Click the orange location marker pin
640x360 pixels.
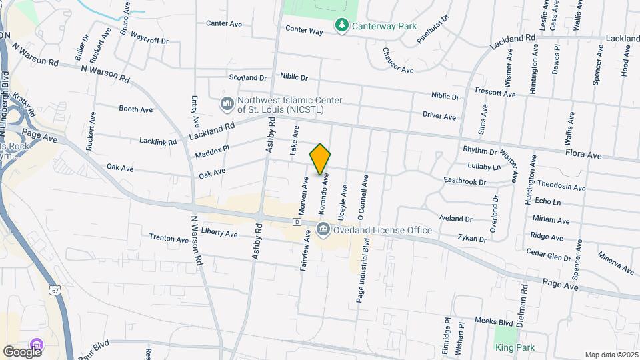(321, 159)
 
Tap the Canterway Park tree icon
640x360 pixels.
(341, 25)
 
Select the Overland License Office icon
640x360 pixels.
(323, 231)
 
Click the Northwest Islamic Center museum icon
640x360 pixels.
(227, 105)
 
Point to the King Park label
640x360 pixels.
(515, 347)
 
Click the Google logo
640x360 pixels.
(22, 351)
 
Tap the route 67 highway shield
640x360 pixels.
(54, 290)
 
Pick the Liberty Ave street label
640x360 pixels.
(220, 234)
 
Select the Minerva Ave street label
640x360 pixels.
(615, 263)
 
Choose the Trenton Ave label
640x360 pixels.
(169, 238)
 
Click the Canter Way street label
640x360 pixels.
(304, 29)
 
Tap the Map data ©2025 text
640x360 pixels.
(611, 355)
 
